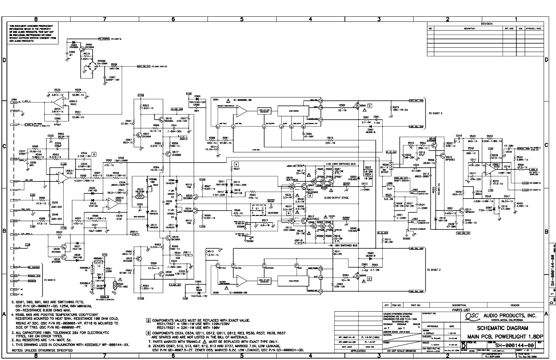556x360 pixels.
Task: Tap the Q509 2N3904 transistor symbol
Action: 88,48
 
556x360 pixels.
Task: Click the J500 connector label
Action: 14,99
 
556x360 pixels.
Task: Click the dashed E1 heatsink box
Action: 257,210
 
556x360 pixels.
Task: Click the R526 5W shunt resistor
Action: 391,166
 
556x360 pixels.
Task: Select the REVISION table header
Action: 486,24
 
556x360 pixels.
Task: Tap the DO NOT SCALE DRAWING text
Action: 400,351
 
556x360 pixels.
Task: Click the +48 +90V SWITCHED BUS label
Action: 341,164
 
